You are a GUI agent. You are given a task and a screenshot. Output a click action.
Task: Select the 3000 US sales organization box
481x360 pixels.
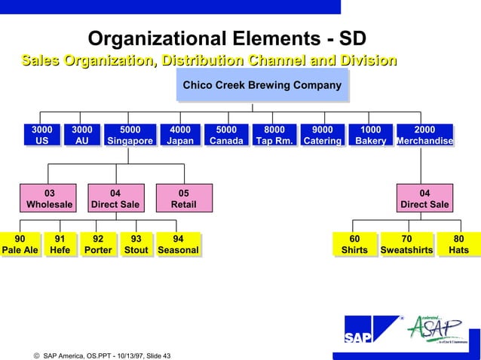tap(41, 136)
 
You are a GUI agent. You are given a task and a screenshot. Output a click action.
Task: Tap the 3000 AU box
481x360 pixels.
tap(81, 136)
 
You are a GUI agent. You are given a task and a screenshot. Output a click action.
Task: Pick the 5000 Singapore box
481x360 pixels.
tap(130, 136)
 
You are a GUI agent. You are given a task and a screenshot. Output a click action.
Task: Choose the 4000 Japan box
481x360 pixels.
tap(179, 136)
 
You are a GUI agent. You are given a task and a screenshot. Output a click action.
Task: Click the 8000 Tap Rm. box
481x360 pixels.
tap(274, 136)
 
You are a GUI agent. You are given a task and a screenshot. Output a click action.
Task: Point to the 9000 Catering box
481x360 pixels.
tap(322, 136)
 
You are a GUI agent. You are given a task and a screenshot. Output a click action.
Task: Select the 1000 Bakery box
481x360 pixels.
tap(370, 136)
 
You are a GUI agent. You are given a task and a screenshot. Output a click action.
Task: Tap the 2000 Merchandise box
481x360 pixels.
tap(424, 136)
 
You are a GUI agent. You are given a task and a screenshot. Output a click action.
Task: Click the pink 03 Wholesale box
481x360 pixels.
tap(49, 198)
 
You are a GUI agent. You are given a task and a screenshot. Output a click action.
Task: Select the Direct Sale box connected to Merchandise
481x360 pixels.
tap(424, 198)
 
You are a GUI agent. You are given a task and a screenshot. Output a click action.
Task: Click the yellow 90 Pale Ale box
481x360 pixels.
tap(20, 245)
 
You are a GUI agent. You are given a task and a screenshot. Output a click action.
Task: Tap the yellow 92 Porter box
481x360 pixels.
tap(98, 245)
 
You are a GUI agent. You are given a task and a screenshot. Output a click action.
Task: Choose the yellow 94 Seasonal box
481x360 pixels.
tap(178, 245)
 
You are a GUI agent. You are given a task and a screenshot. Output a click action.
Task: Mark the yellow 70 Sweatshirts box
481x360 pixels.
tap(407, 245)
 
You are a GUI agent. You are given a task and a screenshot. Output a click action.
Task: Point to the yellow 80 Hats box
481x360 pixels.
tap(458, 245)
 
